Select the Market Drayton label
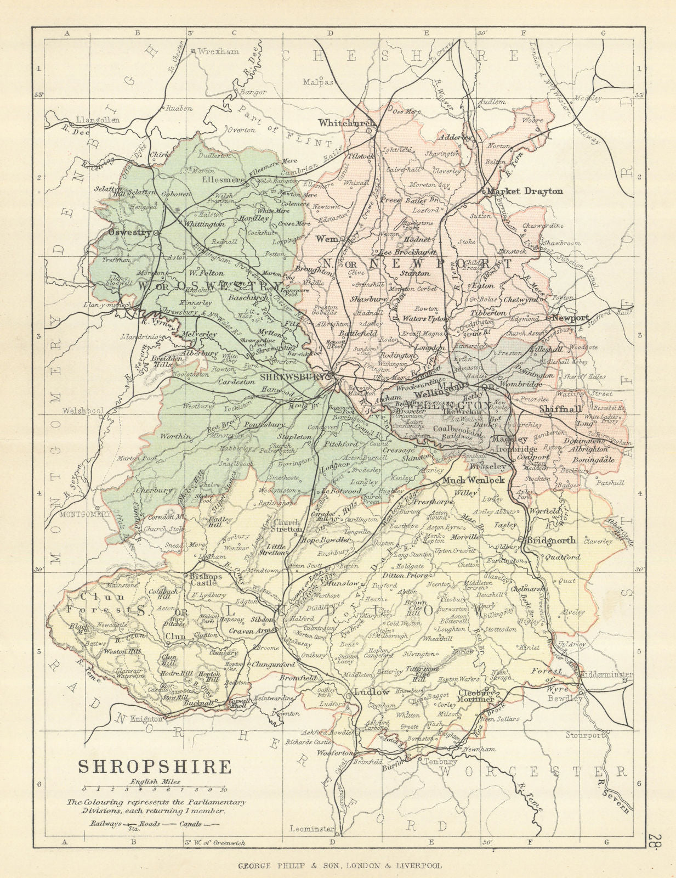[525, 192]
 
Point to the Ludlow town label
[371, 691]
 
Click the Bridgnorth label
[551, 540]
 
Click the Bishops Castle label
[206, 581]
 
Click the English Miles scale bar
[154, 789]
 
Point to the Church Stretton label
[288, 526]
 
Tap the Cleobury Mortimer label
[476, 696]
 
